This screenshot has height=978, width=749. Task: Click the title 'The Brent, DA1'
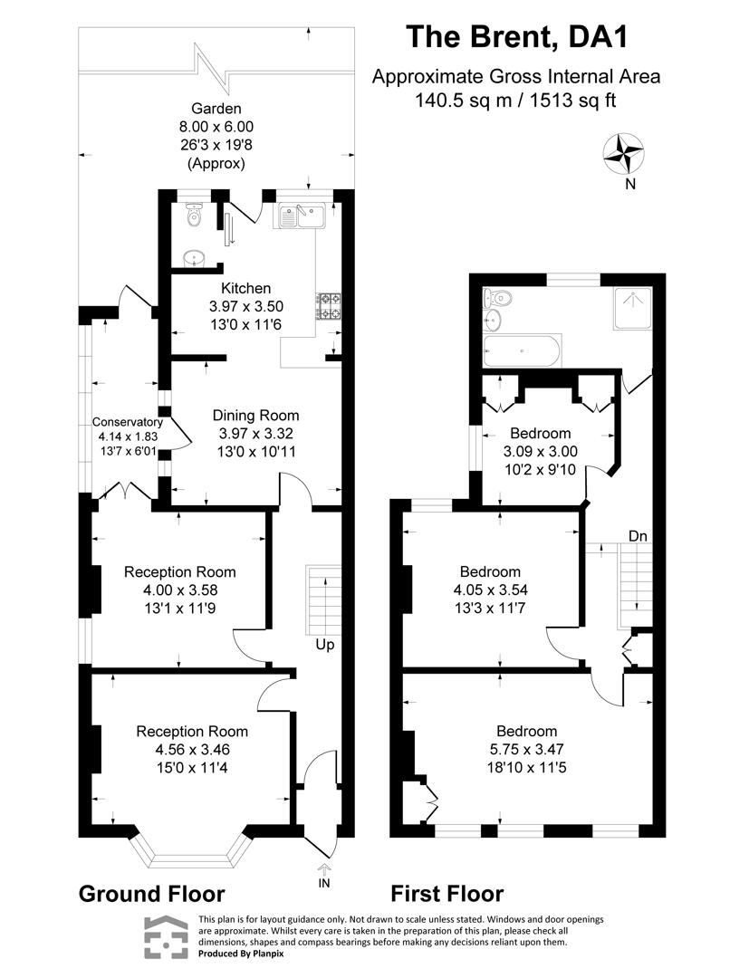[x=516, y=37]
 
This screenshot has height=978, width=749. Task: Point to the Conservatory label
[x=128, y=422]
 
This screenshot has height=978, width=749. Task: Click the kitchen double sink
[x=302, y=215]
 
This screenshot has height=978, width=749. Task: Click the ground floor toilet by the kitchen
[x=191, y=216]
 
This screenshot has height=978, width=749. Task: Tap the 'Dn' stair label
[x=639, y=536]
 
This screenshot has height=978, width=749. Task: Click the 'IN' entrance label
[x=324, y=881]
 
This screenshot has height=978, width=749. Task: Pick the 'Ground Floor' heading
[x=151, y=894]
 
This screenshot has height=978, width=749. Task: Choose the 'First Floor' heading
[x=447, y=894]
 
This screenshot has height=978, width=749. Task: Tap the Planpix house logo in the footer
[x=165, y=936]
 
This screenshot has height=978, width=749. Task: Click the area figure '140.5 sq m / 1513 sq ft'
[x=515, y=101]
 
